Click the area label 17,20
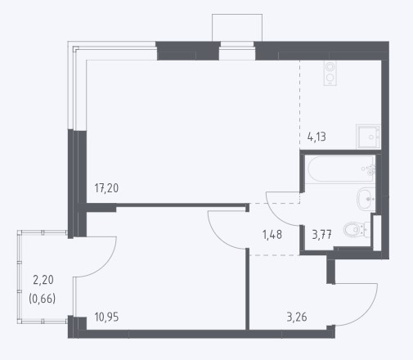point(106,188)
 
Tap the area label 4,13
point(316,137)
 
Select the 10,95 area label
point(106,317)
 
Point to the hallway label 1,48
point(272,235)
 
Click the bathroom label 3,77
point(321,235)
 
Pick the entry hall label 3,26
point(297,317)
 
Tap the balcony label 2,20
point(43,280)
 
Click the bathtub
point(341,169)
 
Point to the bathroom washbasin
point(366,199)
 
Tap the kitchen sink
point(368,137)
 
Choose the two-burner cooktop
point(330,73)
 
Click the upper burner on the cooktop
point(330,67)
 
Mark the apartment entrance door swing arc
point(365,313)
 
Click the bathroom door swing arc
point(276,215)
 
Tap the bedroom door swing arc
point(218,236)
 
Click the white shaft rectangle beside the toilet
point(377,232)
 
